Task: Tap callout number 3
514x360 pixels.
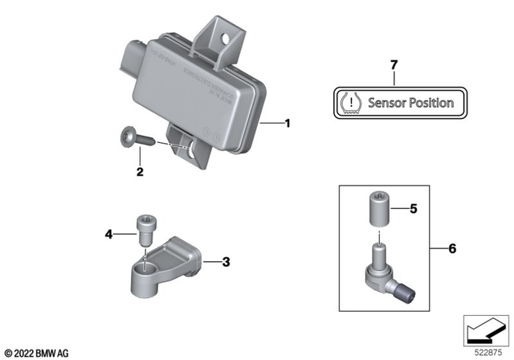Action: (226, 261)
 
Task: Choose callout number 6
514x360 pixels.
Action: (451, 249)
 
